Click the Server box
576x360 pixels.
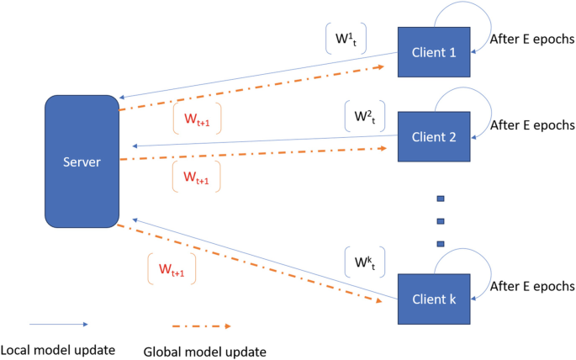click(x=81, y=161)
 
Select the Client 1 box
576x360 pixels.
click(x=436, y=52)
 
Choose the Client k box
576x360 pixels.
click(x=435, y=299)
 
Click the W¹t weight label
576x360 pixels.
click(x=345, y=39)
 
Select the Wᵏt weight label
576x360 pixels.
click(x=365, y=262)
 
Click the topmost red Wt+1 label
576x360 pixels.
click(x=193, y=119)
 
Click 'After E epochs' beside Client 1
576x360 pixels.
click(x=531, y=39)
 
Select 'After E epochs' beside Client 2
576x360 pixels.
click(x=531, y=125)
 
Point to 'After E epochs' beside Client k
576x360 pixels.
click(x=531, y=286)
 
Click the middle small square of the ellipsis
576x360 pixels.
click(x=438, y=221)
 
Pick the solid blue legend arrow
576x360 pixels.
click(x=57, y=324)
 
